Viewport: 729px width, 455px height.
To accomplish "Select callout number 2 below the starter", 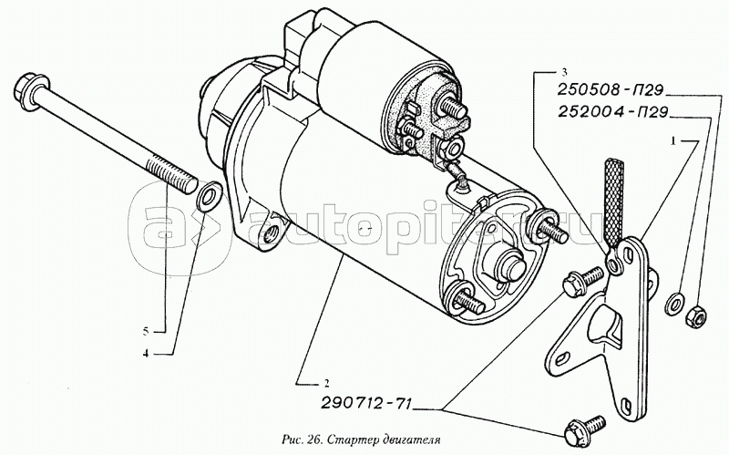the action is click(326, 384).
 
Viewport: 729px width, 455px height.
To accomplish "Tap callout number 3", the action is click(564, 72).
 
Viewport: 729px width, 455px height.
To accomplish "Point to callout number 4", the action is click(146, 354).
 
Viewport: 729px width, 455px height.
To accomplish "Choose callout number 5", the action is click(146, 331).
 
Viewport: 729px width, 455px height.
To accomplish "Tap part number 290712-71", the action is click(365, 403).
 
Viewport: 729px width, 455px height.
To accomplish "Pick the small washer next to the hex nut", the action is click(674, 304).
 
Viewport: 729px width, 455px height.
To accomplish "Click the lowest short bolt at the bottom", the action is click(584, 430).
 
